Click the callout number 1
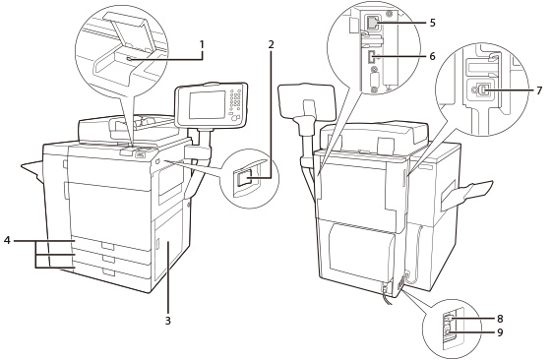(x=202, y=44)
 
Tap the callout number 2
(x=271, y=44)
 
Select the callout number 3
(x=168, y=321)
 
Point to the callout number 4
(x=8, y=241)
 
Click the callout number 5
(x=432, y=23)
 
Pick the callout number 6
(x=432, y=56)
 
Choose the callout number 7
(x=539, y=90)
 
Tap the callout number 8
(x=500, y=319)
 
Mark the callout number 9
(x=500, y=332)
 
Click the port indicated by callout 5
(x=371, y=23)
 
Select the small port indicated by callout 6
(x=370, y=58)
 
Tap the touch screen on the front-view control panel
(x=207, y=104)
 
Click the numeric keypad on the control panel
(x=237, y=98)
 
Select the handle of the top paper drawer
(x=108, y=246)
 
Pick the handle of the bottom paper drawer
(x=109, y=272)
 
